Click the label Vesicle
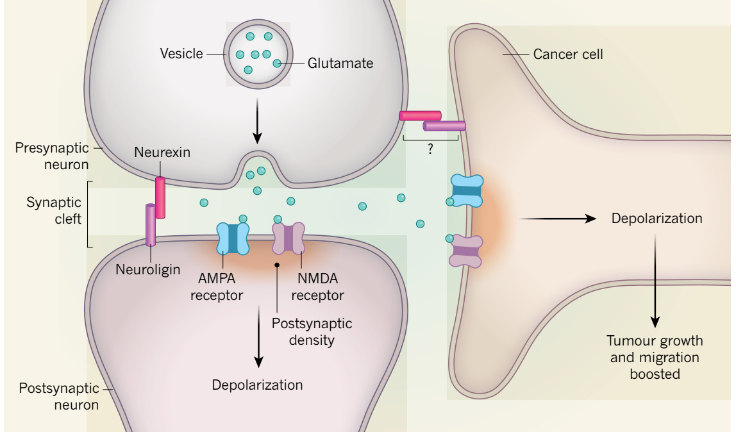pos(181,54)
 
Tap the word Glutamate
pos(340,63)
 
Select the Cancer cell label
pos(568,54)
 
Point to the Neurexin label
pos(162,153)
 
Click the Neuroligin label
pos(148,270)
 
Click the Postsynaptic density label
pos(312,331)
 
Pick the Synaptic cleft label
pos(54,211)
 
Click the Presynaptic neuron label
pos(52,156)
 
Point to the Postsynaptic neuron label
pos(58,396)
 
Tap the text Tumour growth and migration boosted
pos(655,357)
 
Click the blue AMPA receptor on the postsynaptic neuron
pos(233,238)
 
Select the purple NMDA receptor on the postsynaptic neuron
pos(288,238)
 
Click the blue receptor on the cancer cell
pos(467,190)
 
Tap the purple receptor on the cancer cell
pos(466,251)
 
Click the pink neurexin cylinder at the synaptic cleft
pos(160,197)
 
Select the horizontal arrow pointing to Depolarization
pos(557,219)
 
